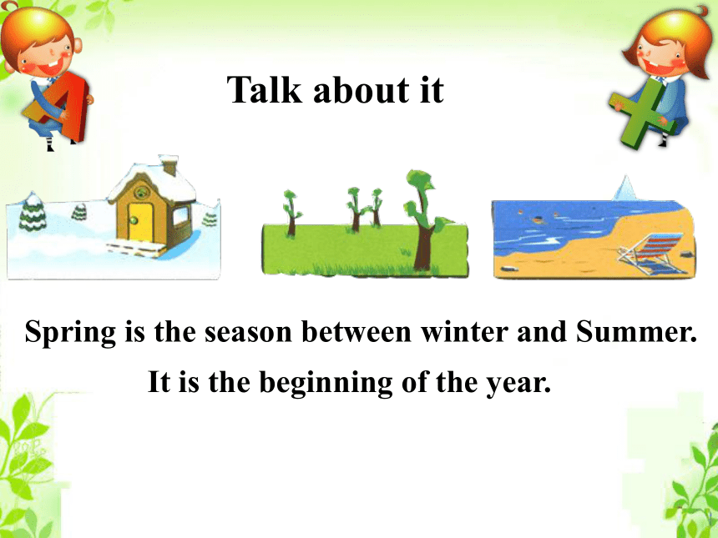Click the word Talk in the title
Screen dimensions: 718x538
click(x=265, y=89)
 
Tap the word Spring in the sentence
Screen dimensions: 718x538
click(x=70, y=333)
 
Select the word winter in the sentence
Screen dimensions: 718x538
click(x=464, y=331)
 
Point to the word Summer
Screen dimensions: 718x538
click(x=636, y=331)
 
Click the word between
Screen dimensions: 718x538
click(x=356, y=331)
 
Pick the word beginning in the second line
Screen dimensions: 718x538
click(x=326, y=383)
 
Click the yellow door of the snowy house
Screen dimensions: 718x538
click(x=139, y=222)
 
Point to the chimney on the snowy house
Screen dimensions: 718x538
click(x=169, y=164)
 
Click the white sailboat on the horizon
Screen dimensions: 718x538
click(x=625, y=188)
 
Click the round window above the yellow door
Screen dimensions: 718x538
click(x=141, y=192)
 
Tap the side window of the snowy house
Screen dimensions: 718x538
click(x=181, y=215)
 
